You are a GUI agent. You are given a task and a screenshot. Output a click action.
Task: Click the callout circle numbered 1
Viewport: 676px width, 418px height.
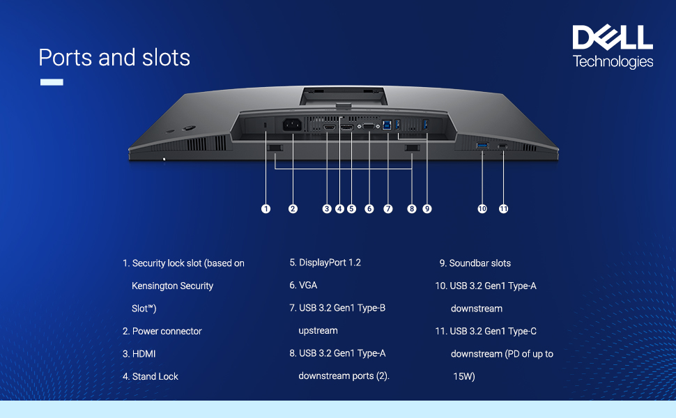266,208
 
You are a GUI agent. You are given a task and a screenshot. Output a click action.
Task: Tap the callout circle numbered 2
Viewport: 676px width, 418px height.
293,208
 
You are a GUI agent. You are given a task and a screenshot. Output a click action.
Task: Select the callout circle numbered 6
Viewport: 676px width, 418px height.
369,208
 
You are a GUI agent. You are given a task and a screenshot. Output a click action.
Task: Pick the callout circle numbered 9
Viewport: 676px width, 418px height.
427,208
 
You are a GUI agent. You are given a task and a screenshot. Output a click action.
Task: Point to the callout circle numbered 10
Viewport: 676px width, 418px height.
482,208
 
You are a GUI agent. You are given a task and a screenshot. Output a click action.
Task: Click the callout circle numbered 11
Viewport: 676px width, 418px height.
503,208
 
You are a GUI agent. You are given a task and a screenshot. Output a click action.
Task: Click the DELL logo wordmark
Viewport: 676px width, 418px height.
613,38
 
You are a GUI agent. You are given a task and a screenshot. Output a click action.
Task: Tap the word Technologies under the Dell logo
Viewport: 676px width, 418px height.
613,61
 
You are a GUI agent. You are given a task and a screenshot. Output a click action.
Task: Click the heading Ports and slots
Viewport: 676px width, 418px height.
114,57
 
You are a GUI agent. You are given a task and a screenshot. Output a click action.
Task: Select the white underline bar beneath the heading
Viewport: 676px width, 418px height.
52,82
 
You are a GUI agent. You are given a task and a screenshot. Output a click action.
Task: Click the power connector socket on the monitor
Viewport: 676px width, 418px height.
292,125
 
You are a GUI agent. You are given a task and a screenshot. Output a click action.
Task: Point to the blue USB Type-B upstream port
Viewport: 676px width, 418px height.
387,126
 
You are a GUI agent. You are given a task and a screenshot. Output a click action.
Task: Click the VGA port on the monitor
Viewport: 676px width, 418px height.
369,126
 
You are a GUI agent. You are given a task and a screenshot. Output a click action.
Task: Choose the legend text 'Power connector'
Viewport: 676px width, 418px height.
167,331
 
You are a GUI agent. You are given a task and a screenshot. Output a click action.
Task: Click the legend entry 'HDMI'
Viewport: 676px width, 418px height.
144,354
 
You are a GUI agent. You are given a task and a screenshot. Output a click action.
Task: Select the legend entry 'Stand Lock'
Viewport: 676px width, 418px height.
155,376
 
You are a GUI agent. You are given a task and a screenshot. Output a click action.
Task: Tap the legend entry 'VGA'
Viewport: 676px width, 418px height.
308,286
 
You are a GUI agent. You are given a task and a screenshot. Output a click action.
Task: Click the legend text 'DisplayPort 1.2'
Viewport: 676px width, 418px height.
330,263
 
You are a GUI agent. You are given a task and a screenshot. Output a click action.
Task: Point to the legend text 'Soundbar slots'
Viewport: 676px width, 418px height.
479,263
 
